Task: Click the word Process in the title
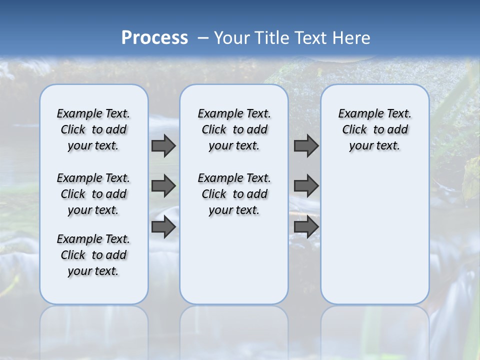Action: [154, 37]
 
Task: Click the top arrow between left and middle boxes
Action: [163, 145]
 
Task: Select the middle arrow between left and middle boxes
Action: [163, 186]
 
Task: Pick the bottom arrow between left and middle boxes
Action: [163, 227]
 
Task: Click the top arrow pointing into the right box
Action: [306, 145]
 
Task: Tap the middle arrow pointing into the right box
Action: [306, 186]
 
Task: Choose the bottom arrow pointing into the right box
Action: [306, 227]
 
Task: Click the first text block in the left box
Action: [93, 129]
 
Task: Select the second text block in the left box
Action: [93, 194]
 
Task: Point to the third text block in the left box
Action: [93, 255]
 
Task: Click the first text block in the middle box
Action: [234, 129]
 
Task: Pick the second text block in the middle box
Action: [234, 194]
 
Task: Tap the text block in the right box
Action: [374, 129]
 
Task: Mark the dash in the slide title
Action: [203, 37]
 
